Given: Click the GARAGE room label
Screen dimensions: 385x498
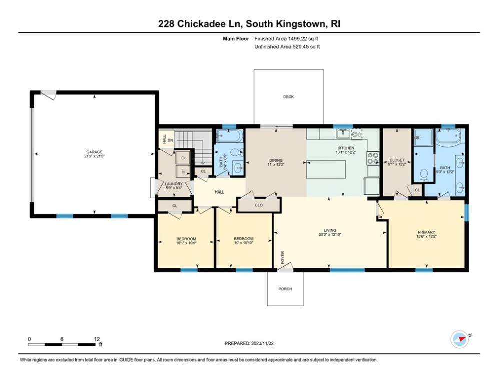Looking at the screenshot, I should click(94, 152).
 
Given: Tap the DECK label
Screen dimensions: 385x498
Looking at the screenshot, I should click(288, 97).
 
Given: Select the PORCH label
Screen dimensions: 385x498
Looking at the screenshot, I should click(285, 289).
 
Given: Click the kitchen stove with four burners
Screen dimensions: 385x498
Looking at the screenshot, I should click(373, 158).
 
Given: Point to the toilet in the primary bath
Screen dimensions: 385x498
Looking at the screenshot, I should click(424, 174).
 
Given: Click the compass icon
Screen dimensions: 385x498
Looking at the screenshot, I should click(459, 339).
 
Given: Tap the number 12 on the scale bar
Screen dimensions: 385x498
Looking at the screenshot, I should click(96, 339).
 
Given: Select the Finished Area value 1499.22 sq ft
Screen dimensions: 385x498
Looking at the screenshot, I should click(287, 39).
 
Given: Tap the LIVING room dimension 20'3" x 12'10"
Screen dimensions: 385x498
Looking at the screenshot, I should click(330, 234).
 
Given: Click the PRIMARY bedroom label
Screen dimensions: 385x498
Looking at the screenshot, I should click(426, 232).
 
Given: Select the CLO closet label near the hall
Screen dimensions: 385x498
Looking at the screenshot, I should click(259, 205).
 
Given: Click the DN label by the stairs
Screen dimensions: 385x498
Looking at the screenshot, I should click(170, 141).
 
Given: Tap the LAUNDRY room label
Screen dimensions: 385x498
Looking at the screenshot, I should click(174, 184).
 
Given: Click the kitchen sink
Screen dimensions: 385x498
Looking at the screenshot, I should click(343, 133).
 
